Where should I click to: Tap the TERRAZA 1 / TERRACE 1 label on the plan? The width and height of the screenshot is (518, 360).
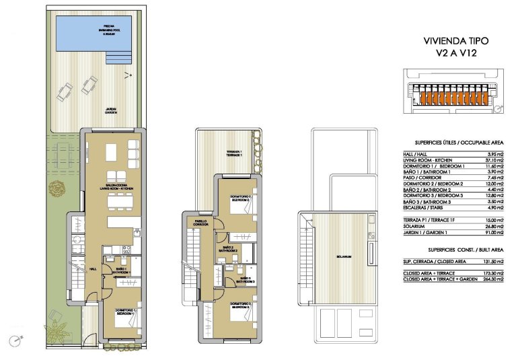click(x=233, y=153)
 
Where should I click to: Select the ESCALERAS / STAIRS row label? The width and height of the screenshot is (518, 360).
click(x=420, y=208)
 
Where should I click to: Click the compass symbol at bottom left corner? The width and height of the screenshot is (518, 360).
click(x=14, y=340)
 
